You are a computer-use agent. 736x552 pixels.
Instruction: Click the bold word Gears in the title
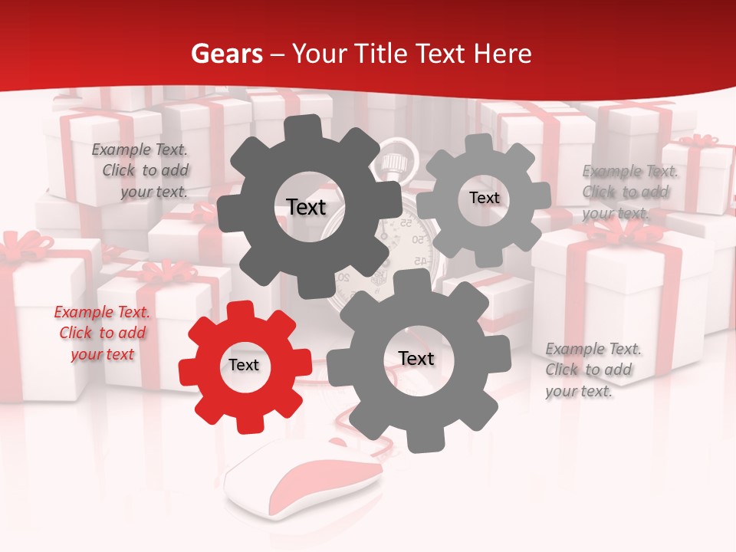226,54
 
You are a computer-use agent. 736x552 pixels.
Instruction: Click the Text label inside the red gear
244,366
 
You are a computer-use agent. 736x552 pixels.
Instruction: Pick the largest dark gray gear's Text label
306,207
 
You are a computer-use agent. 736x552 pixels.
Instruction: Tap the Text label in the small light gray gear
484,198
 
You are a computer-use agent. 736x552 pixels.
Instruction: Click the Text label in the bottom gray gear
416,359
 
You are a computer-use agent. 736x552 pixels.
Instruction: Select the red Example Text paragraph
102,333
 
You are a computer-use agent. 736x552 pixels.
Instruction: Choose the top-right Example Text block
626,192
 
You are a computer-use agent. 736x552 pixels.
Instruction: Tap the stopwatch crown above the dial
393,163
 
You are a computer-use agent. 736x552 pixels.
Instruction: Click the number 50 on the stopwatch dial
419,240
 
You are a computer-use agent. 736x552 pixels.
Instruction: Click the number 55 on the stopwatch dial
406,224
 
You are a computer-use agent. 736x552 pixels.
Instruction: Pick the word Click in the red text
77,333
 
